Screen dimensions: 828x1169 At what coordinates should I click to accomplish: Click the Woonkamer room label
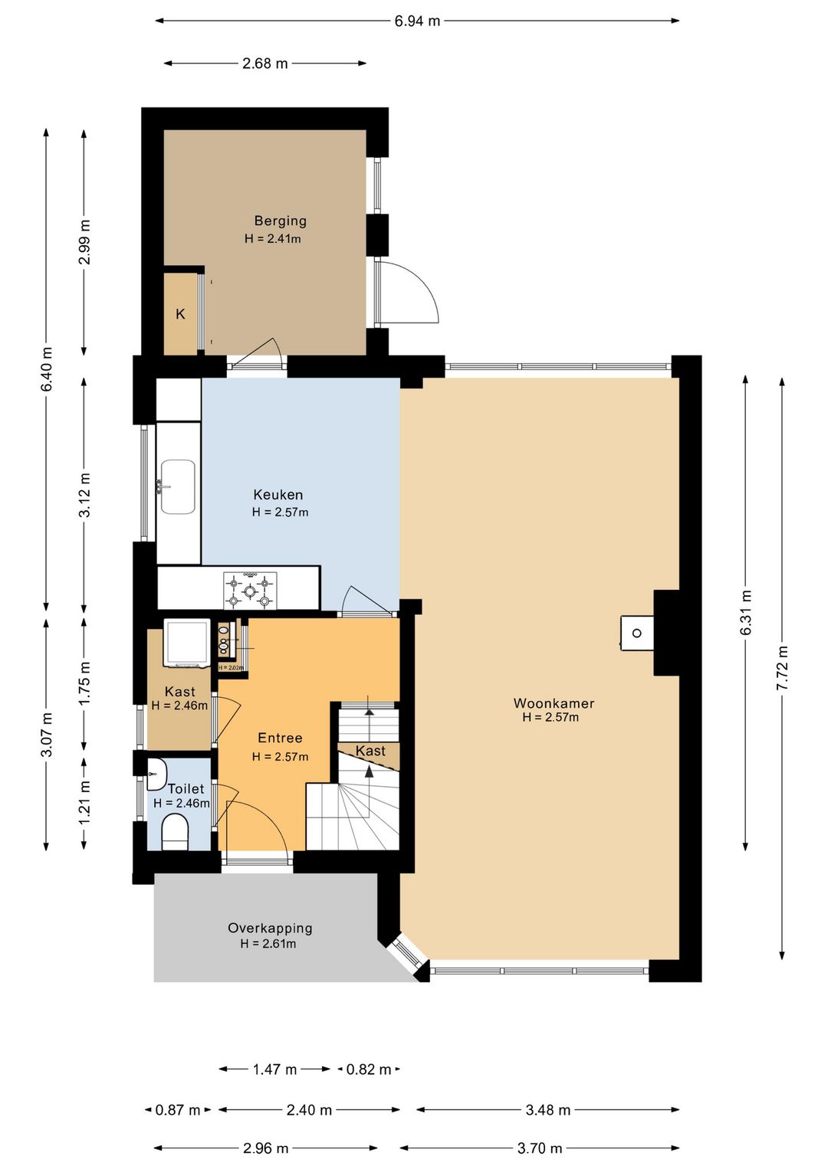pyautogui.click(x=554, y=703)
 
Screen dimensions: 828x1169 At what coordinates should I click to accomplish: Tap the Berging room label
pyautogui.click(x=280, y=221)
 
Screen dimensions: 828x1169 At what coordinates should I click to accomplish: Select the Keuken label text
pyautogui.click(x=278, y=494)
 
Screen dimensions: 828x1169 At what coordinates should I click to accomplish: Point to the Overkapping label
pyautogui.click(x=270, y=928)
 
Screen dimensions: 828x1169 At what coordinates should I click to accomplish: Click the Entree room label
pyautogui.click(x=280, y=738)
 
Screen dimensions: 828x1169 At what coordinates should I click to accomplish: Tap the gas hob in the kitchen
pyautogui.click(x=250, y=591)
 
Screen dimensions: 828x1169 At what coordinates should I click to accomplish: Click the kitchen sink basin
pyautogui.click(x=178, y=486)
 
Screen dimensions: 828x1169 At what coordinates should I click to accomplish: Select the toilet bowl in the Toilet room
pyautogui.click(x=175, y=833)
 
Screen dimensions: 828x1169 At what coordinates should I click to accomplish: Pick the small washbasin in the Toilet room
pyautogui.click(x=156, y=774)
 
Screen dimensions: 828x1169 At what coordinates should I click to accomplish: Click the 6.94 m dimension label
pyautogui.click(x=417, y=21)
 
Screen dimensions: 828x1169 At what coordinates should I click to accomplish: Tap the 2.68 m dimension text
pyautogui.click(x=264, y=64)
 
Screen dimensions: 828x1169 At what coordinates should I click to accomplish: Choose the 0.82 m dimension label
pyautogui.click(x=369, y=1069)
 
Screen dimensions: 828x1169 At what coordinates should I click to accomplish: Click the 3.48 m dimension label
pyautogui.click(x=547, y=1109)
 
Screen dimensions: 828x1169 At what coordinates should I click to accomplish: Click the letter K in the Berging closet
pyautogui.click(x=180, y=314)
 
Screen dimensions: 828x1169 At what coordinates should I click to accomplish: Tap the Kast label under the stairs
pyautogui.click(x=370, y=751)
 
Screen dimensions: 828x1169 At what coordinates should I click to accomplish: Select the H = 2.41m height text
pyautogui.click(x=273, y=239)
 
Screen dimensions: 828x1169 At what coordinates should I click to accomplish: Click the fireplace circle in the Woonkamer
pyautogui.click(x=636, y=633)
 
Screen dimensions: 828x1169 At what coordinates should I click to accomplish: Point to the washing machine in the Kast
pyautogui.click(x=186, y=643)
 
